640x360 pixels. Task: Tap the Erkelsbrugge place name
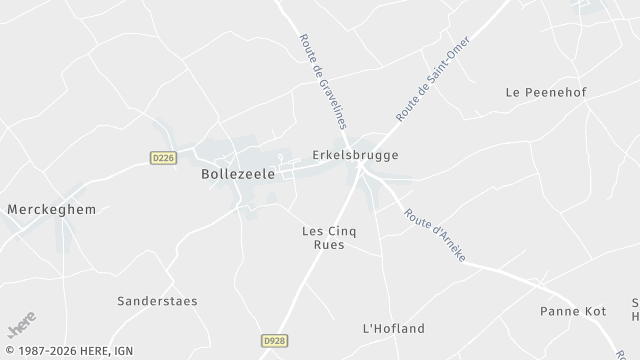355,156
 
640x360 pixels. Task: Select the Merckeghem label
49,209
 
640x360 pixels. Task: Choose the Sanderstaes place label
157,300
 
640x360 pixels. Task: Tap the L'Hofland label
393,328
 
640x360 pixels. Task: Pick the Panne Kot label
573,311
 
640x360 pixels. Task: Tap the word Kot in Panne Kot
594,311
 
